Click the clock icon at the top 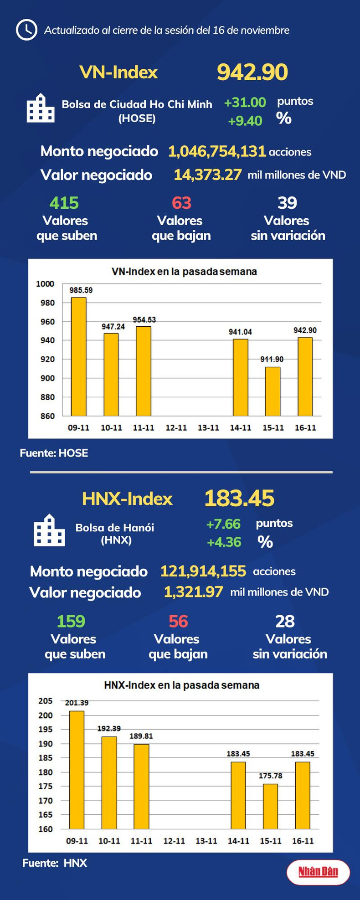click(26, 30)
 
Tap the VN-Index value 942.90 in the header click(252, 72)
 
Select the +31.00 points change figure click(245, 102)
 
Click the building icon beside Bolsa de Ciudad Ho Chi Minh click(41, 108)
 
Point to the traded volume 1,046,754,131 click(217, 151)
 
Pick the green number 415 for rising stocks click(64, 203)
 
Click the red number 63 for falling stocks click(181, 203)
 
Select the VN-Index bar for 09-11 click(78, 356)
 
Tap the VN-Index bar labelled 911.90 click(273, 391)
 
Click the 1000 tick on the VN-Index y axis click(45, 284)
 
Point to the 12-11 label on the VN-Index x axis click(176, 428)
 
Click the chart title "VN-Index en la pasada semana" click(184, 272)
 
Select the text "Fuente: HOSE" click(54, 453)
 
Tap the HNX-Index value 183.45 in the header click(239, 498)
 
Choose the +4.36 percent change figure click(224, 542)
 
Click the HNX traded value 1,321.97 click(193, 592)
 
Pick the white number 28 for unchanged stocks click(285, 622)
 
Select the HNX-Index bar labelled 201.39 click(77, 770)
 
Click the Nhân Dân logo click(318, 872)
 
